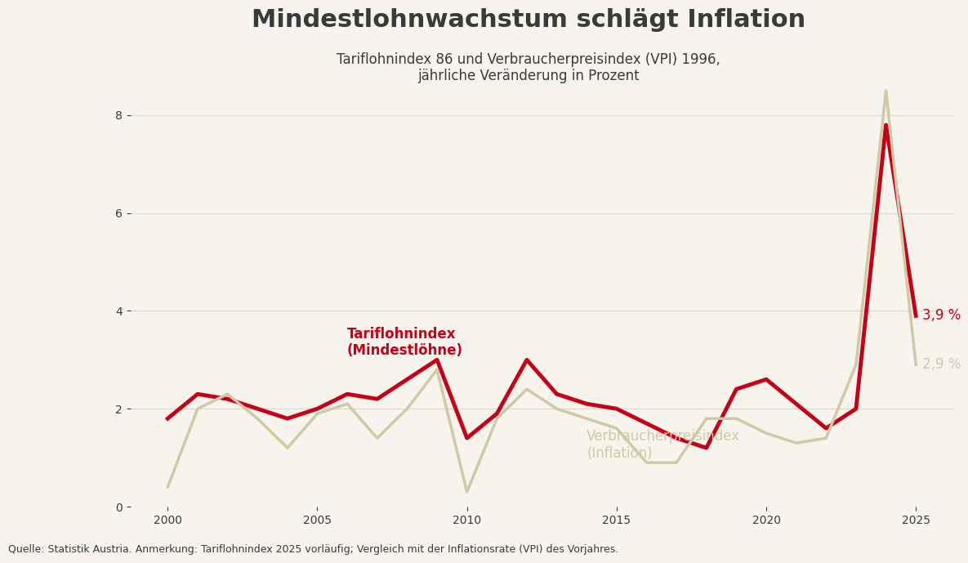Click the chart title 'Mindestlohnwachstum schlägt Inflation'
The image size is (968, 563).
click(x=528, y=20)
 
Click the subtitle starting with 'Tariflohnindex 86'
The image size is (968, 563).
click(x=528, y=68)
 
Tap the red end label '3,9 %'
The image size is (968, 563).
click(x=941, y=315)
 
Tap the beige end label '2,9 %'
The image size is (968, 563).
click(x=941, y=364)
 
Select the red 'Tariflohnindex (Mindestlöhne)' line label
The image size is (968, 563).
click(x=404, y=342)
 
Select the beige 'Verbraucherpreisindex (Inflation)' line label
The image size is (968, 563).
click(x=662, y=445)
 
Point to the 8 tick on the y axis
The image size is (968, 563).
click(x=118, y=115)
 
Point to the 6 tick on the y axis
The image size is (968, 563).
click(x=118, y=213)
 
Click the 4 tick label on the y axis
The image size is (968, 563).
click(x=118, y=311)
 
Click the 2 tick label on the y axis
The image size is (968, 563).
click(x=118, y=409)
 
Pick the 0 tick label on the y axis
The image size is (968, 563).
click(x=118, y=507)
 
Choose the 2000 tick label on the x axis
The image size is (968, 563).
click(x=167, y=521)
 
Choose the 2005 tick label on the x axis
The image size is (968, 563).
click(x=317, y=521)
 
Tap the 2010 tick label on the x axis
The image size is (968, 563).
click(x=467, y=521)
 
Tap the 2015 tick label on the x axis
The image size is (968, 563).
click(x=617, y=521)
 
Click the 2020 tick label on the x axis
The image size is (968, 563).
click(x=766, y=521)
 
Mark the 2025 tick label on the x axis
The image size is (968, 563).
click(x=916, y=521)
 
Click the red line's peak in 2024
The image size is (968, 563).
click(x=885, y=125)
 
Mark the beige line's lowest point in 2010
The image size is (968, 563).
click(x=467, y=491)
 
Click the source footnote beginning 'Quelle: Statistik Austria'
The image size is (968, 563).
click(x=313, y=550)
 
